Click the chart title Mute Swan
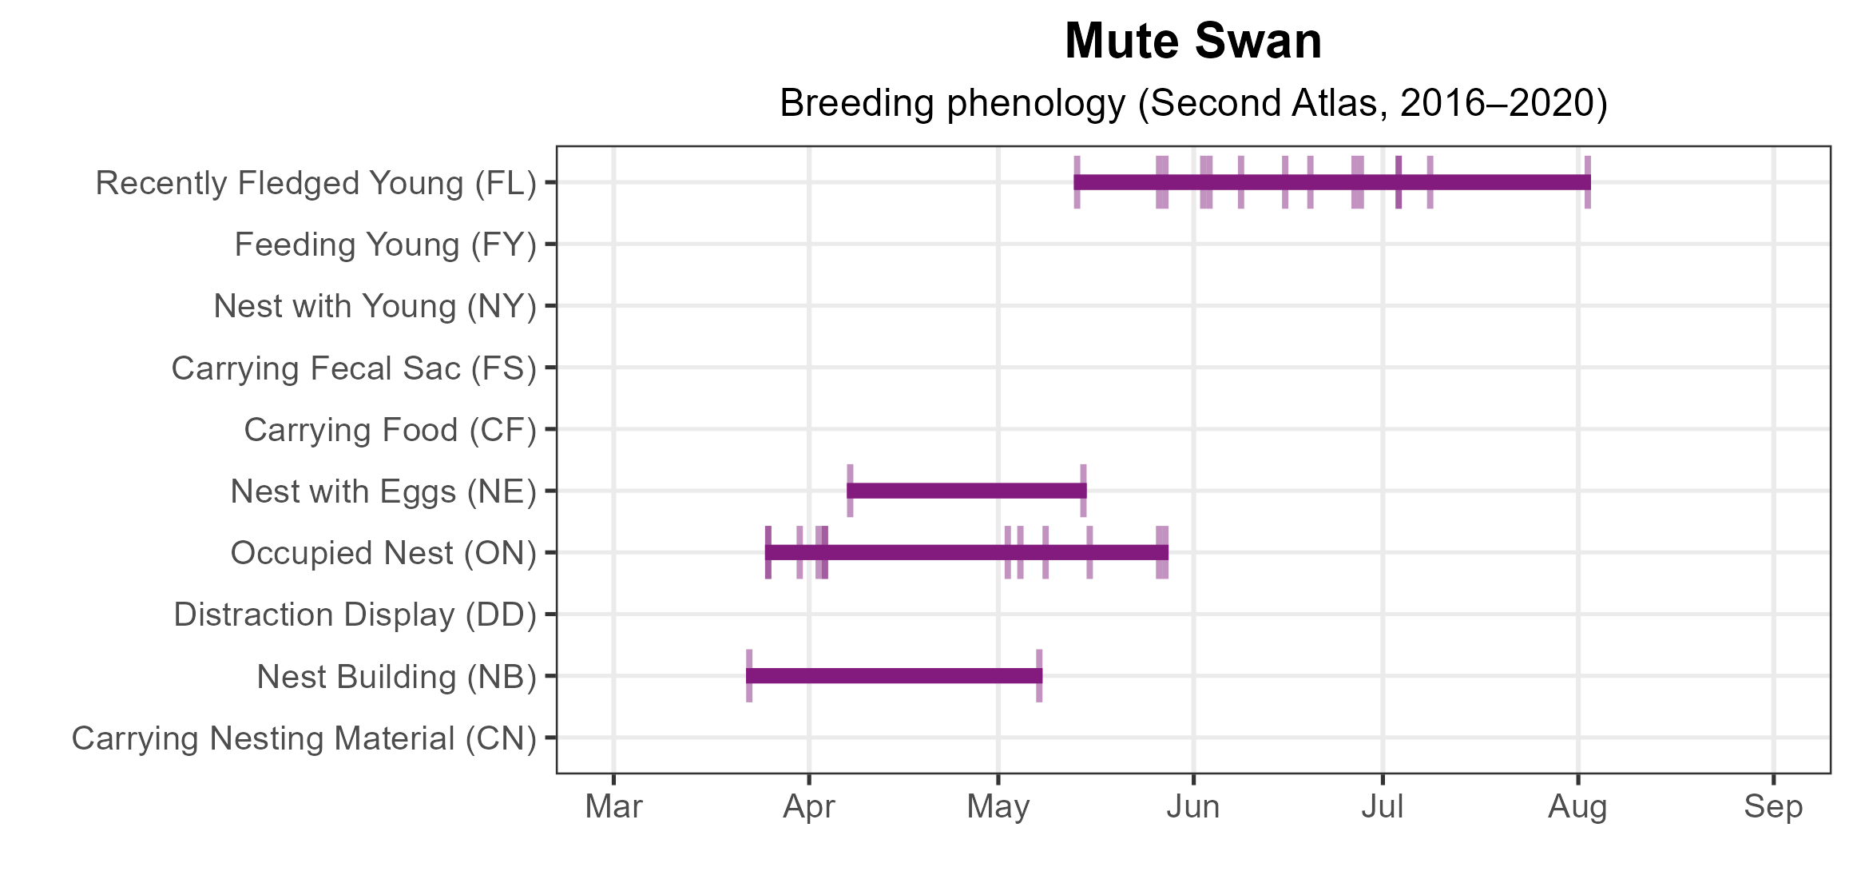(x=1193, y=42)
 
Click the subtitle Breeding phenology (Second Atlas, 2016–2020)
(x=1193, y=103)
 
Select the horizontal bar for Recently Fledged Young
(x=1331, y=182)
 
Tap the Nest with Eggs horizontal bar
(x=966, y=491)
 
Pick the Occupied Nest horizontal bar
(x=966, y=552)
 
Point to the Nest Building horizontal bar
(x=894, y=676)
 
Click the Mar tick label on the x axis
(x=613, y=807)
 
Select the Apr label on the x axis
(x=809, y=807)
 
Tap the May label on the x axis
(x=998, y=807)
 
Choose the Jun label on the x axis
(x=1193, y=807)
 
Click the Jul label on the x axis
(x=1383, y=807)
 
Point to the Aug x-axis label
(x=1577, y=807)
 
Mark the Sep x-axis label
(x=1773, y=807)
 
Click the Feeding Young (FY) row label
(x=385, y=245)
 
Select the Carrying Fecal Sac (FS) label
(x=354, y=368)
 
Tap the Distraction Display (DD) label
(x=355, y=615)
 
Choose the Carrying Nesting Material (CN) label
(x=304, y=738)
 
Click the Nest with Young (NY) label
(x=375, y=306)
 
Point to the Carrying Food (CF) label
(x=390, y=430)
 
